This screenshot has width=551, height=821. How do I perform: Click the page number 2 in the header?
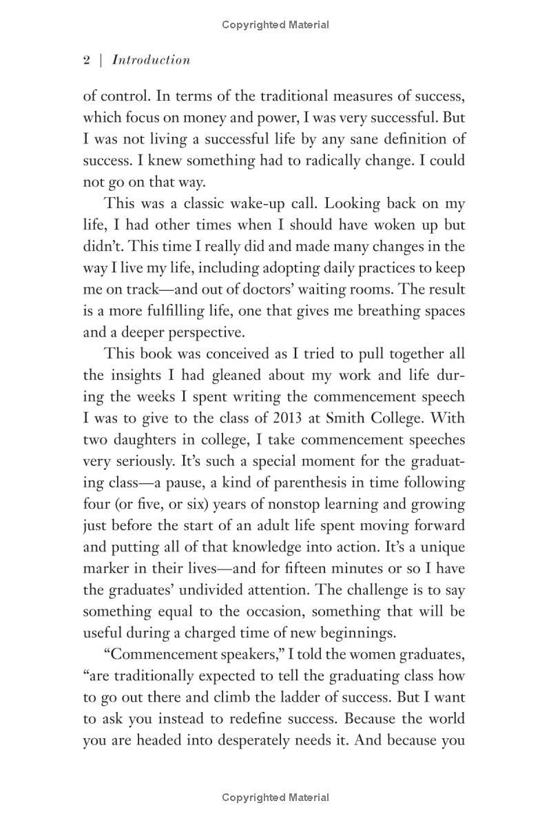point(87,60)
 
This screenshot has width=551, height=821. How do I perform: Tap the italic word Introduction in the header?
point(151,60)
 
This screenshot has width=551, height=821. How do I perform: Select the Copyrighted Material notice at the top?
point(275,25)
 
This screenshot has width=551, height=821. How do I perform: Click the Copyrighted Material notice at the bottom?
point(275,798)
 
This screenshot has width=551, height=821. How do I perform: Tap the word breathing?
point(387,311)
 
